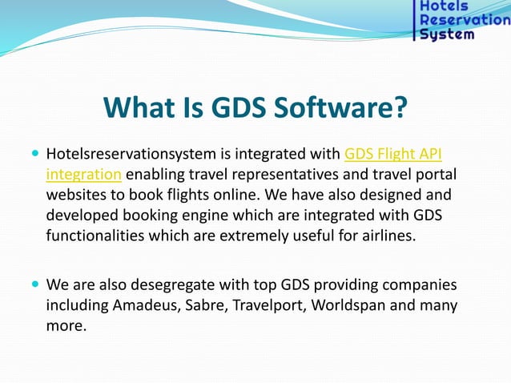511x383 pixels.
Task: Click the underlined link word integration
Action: tap(84, 174)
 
